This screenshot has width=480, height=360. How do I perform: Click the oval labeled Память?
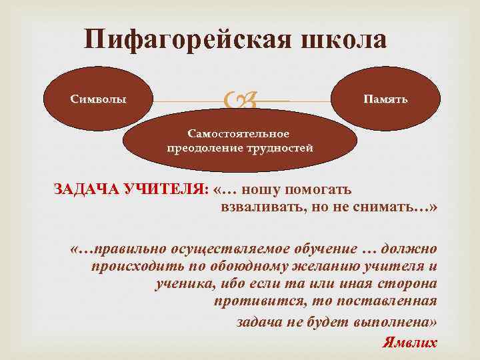385,99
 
